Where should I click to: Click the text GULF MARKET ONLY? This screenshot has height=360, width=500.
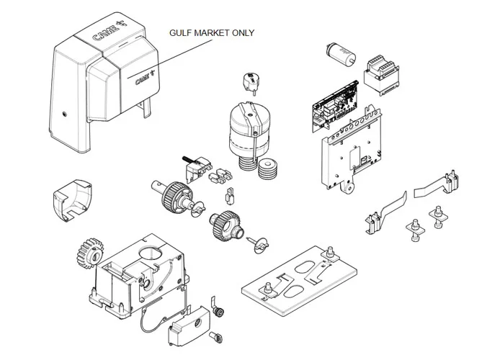click(212, 33)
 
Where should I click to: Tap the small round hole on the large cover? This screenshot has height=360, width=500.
click(63, 114)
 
